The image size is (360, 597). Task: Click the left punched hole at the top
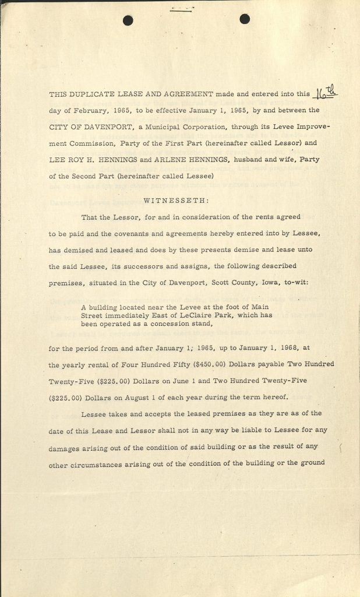click(128, 20)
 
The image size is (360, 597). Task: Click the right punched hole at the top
click(245, 19)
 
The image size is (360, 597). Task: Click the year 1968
click(287, 350)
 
